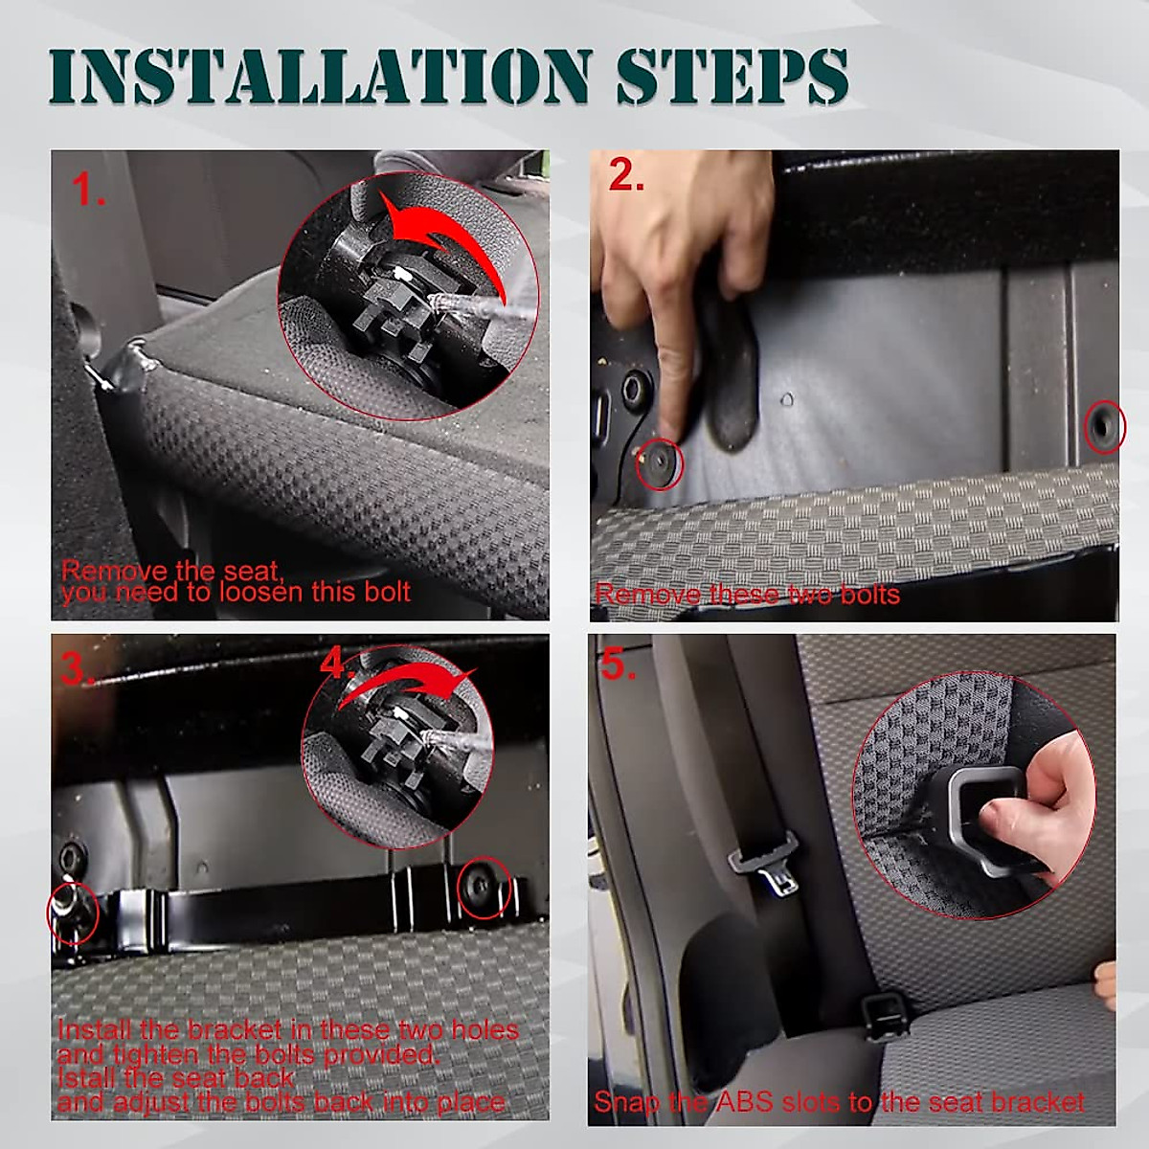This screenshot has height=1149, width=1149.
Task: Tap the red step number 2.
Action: (626, 176)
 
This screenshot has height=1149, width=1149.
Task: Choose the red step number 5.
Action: (619, 665)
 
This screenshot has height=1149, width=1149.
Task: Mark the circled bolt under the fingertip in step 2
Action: (660, 463)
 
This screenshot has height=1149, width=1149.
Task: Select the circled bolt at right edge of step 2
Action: (1104, 427)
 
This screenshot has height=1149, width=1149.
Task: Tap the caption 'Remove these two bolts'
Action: (747, 595)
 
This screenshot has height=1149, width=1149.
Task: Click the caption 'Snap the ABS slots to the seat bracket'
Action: (840, 1102)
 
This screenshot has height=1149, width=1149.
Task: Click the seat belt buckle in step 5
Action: (766, 866)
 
